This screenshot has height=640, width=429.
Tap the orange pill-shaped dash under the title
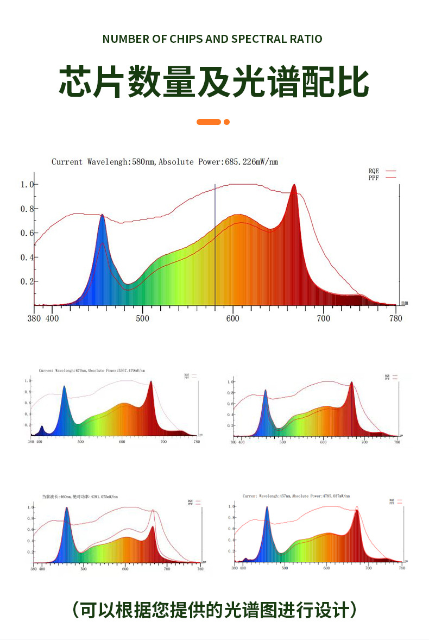coord(209,122)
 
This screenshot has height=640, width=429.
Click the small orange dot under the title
coord(227,122)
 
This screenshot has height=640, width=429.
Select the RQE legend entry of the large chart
coord(374,171)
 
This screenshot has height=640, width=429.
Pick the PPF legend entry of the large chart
coord(374,178)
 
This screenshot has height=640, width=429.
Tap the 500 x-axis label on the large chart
coord(142,318)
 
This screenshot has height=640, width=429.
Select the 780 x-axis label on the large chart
coord(396,318)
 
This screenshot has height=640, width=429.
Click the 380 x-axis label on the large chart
coord(34,318)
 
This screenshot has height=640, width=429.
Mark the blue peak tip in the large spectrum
coord(102,215)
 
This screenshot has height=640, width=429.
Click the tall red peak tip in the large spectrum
coord(294,185)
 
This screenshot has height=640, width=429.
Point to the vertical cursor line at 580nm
coord(215,244)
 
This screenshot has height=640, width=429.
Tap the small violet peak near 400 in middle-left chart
coord(41,427)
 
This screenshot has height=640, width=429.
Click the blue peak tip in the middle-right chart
coord(266,391)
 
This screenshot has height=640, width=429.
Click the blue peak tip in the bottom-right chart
coord(267,507)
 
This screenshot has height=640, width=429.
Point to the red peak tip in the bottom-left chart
coord(153,527)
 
